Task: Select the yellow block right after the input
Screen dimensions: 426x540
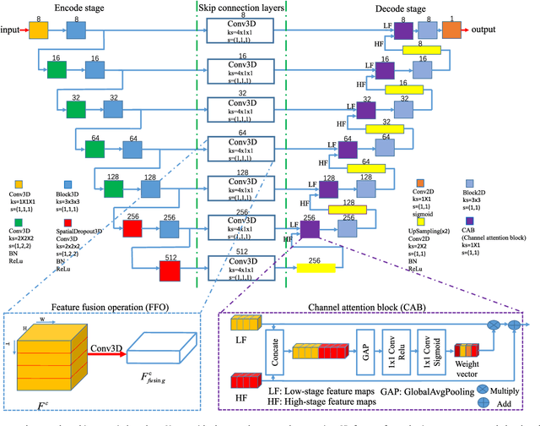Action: click(40, 30)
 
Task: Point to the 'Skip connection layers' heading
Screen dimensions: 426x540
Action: click(242, 7)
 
